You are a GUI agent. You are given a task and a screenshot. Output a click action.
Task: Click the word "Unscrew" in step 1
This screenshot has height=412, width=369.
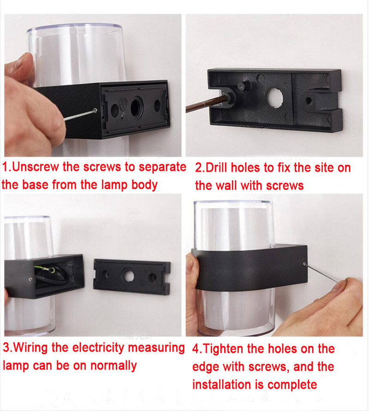pyautogui.click(x=36, y=167)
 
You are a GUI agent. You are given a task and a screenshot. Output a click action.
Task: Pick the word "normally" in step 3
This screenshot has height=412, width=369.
pyautogui.click(x=113, y=366)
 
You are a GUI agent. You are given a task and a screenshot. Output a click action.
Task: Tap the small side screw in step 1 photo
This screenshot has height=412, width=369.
pyautogui.click(x=95, y=111)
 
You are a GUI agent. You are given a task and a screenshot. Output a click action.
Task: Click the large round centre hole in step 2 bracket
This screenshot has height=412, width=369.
pyautogui.click(x=275, y=97)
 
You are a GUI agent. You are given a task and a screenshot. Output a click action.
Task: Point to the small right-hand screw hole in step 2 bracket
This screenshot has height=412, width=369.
pyautogui.click(x=309, y=100)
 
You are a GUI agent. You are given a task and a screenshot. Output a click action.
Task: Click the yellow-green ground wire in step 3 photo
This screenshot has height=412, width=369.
pyautogui.click(x=47, y=269)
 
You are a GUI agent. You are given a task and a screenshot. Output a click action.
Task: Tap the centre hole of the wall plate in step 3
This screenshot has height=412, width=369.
pyautogui.click(x=128, y=276)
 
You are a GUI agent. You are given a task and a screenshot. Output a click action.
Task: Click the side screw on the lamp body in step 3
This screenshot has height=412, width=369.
pyautogui.click(x=30, y=279)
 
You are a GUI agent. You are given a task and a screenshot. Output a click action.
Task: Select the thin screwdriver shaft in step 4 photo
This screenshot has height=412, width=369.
pyautogui.click(x=322, y=273)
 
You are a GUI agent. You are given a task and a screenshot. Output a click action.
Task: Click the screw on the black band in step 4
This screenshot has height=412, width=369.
pyautogui.click(x=304, y=264)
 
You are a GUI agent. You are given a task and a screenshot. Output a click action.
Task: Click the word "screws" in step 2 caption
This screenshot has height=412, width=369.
pyautogui.click(x=285, y=186)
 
